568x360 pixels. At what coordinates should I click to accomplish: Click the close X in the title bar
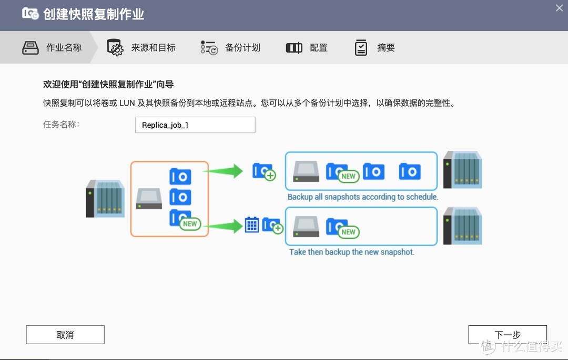click(560, 7)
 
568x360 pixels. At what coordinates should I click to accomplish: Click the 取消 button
click(65, 335)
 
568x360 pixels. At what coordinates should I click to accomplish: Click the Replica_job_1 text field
click(195, 125)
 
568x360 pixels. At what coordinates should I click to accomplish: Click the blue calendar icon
click(252, 225)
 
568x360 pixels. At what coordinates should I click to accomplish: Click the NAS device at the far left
click(105, 199)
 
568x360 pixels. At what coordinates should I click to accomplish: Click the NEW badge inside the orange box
click(190, 223)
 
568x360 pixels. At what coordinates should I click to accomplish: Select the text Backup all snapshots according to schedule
click(362, 197)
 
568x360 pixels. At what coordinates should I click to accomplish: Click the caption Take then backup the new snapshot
click(351, 252)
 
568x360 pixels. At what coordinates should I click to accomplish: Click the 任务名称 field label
click(61, 125)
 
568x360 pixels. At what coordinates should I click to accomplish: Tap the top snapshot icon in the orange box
click(180, 177)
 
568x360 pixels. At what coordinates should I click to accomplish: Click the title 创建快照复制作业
click(94, 14)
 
